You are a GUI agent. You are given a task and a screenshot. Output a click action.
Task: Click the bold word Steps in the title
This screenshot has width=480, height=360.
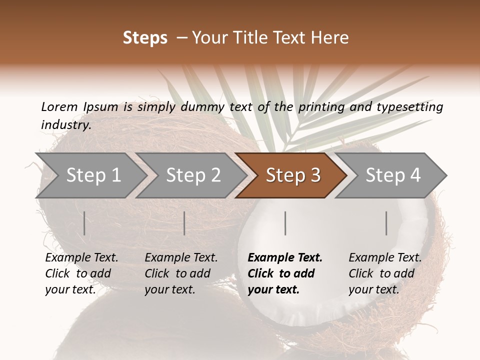tap(145, 38)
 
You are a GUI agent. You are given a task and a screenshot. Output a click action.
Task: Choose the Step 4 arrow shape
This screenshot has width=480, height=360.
tap(392, 175)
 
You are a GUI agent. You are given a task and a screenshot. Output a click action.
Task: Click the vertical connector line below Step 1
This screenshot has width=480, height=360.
tap(84, 223)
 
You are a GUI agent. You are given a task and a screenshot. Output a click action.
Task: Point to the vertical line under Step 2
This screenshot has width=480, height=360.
tap(184, 223)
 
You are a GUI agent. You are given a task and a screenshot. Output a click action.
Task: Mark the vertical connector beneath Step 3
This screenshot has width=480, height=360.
tap(285, 223)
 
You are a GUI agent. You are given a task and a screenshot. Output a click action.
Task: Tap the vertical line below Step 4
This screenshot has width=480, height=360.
tap(386, 223)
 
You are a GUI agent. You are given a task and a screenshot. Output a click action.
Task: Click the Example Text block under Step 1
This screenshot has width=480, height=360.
tap(81, 273)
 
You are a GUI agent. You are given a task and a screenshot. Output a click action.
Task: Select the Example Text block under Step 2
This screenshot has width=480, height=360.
tap(181, 273)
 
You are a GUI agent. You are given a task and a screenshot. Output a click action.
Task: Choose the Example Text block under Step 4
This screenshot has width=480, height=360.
tap(385, 273)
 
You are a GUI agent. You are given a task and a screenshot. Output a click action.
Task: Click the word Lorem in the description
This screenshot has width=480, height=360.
tap(59, 107)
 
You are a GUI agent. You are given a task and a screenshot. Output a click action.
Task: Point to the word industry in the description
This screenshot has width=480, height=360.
tap(65, 125)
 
